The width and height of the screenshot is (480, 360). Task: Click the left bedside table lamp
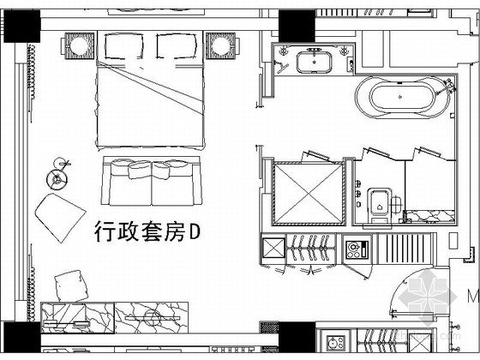(80, 45)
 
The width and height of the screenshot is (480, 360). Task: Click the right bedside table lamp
(221, 45)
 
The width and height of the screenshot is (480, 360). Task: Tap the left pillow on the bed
(124, 46)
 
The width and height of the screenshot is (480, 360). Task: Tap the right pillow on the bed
(177, 46)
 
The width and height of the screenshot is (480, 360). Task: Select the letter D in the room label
(195, 231)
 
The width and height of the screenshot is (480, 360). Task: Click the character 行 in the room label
(105, 231)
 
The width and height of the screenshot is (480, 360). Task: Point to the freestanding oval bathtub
(402, 97)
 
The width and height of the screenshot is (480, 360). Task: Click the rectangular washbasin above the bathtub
(314, 62)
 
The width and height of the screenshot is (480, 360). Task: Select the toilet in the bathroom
(380, 205)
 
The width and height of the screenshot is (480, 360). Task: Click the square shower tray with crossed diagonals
(309, 194)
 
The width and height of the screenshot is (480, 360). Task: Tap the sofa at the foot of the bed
(152, 181)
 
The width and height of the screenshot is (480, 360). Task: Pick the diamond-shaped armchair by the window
(60, 218)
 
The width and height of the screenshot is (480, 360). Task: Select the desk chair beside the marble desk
(71, 286)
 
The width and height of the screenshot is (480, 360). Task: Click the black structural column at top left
(21, 26)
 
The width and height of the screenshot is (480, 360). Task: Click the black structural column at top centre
(297, 26)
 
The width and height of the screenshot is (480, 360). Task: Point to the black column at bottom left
(21, 337)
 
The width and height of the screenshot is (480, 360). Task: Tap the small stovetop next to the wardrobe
(357, 249)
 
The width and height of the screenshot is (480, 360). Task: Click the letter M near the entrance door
(473, 296)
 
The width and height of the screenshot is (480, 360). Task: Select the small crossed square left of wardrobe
(273, 248)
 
